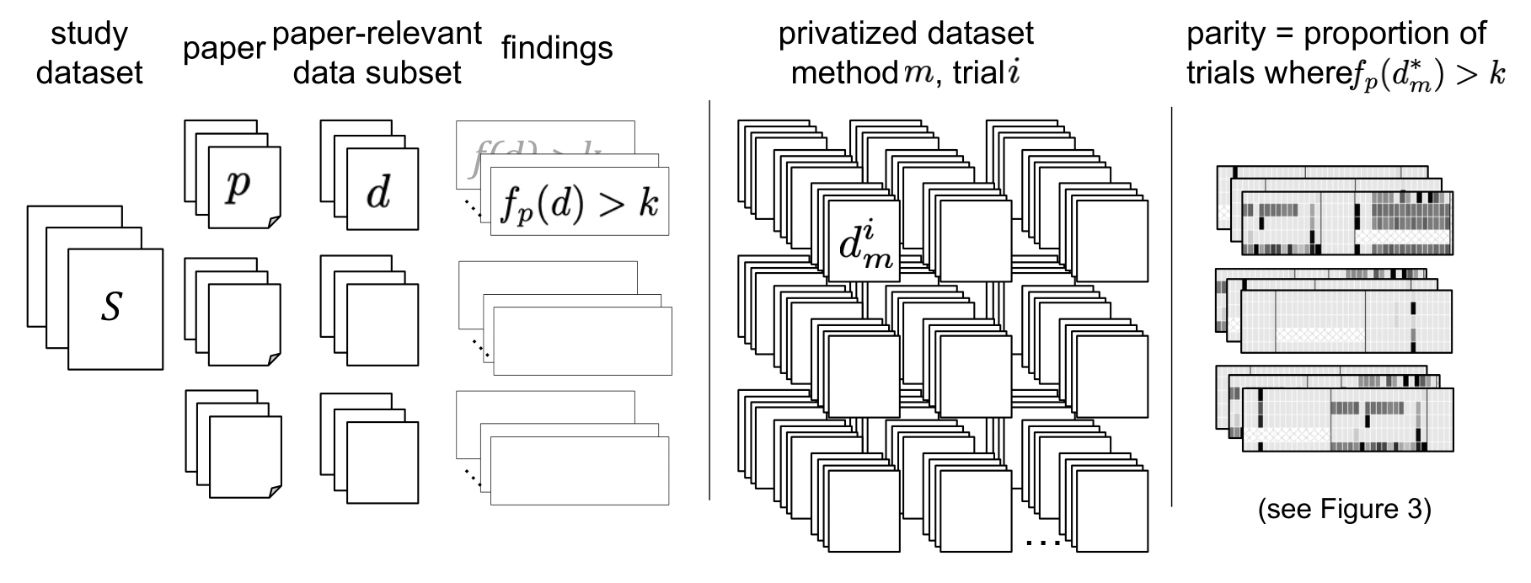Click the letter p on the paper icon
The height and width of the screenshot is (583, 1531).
[x=238, y=185]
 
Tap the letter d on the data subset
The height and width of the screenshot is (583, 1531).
[x=378, y=193]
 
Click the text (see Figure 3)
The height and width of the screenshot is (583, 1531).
[x=1344, y=510]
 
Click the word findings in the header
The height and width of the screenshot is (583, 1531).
[x=557, y=48]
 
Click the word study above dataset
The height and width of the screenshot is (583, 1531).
[x=89, y=35]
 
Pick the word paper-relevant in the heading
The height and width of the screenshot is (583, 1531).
[x=377, y=34]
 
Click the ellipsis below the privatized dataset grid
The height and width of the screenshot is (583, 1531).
[x=1044, y=543]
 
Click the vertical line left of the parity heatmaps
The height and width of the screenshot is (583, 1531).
[x=1172, y=307]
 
